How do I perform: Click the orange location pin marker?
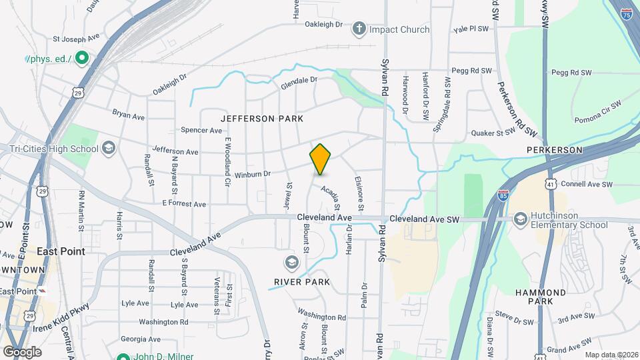click(321, 159)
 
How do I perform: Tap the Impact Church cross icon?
click(359, 29)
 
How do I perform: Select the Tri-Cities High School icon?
click(109, 148)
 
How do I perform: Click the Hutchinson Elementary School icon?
click(521, 219)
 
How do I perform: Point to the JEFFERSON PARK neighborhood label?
click(262, 119)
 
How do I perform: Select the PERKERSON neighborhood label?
click(555, 150)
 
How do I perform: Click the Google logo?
click(22, 351)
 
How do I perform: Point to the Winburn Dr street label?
click(252, 175)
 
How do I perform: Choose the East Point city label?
click(61, 251)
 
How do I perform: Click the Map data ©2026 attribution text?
click(611, 355)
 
